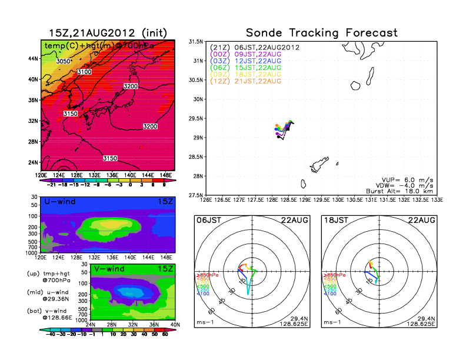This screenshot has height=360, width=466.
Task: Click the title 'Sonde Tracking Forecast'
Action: [x=321, y=33]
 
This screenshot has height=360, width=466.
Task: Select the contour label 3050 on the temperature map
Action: [x=63, y=61]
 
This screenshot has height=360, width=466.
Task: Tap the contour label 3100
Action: [x=85, y=72]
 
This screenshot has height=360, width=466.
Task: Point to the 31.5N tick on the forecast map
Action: [x=195, y=42]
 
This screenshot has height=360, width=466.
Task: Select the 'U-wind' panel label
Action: [x=59, y=202]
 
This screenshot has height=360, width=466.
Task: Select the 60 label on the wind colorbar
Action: [x=167, y=334]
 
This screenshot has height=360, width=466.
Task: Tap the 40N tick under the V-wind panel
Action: [x=174, y=324]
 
